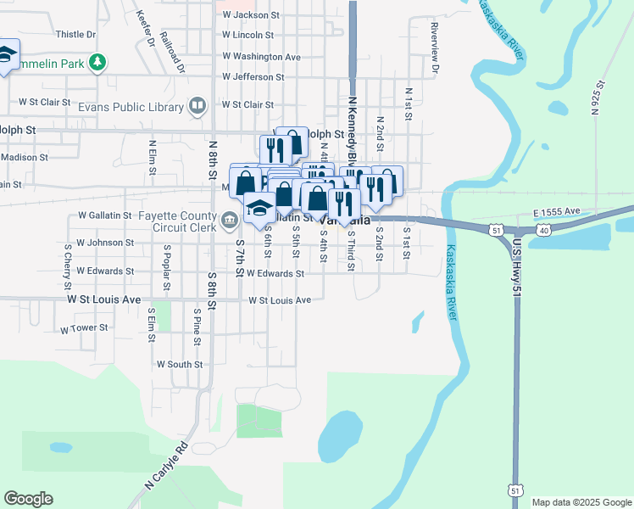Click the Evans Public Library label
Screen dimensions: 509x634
[x=131, y=108]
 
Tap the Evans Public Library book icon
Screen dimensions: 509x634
[x=197, y=106]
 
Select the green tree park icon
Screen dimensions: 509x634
[x=98, y=61]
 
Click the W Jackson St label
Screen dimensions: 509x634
[x=250, y=15]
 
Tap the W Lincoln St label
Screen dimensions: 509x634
[x=247, y=36]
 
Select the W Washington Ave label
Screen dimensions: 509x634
[x=261, y=57]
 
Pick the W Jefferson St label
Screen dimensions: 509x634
[x=253, y=77]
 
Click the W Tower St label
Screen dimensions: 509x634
[x=84, y=327]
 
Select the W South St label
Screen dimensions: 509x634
[x=180, y=364]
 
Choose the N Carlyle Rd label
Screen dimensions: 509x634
[x=165, y=467]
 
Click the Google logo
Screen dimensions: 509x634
[x=28, y=499]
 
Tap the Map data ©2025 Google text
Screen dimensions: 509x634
[x=581, y=502]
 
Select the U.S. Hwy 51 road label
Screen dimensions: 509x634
[x=516, y=266]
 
